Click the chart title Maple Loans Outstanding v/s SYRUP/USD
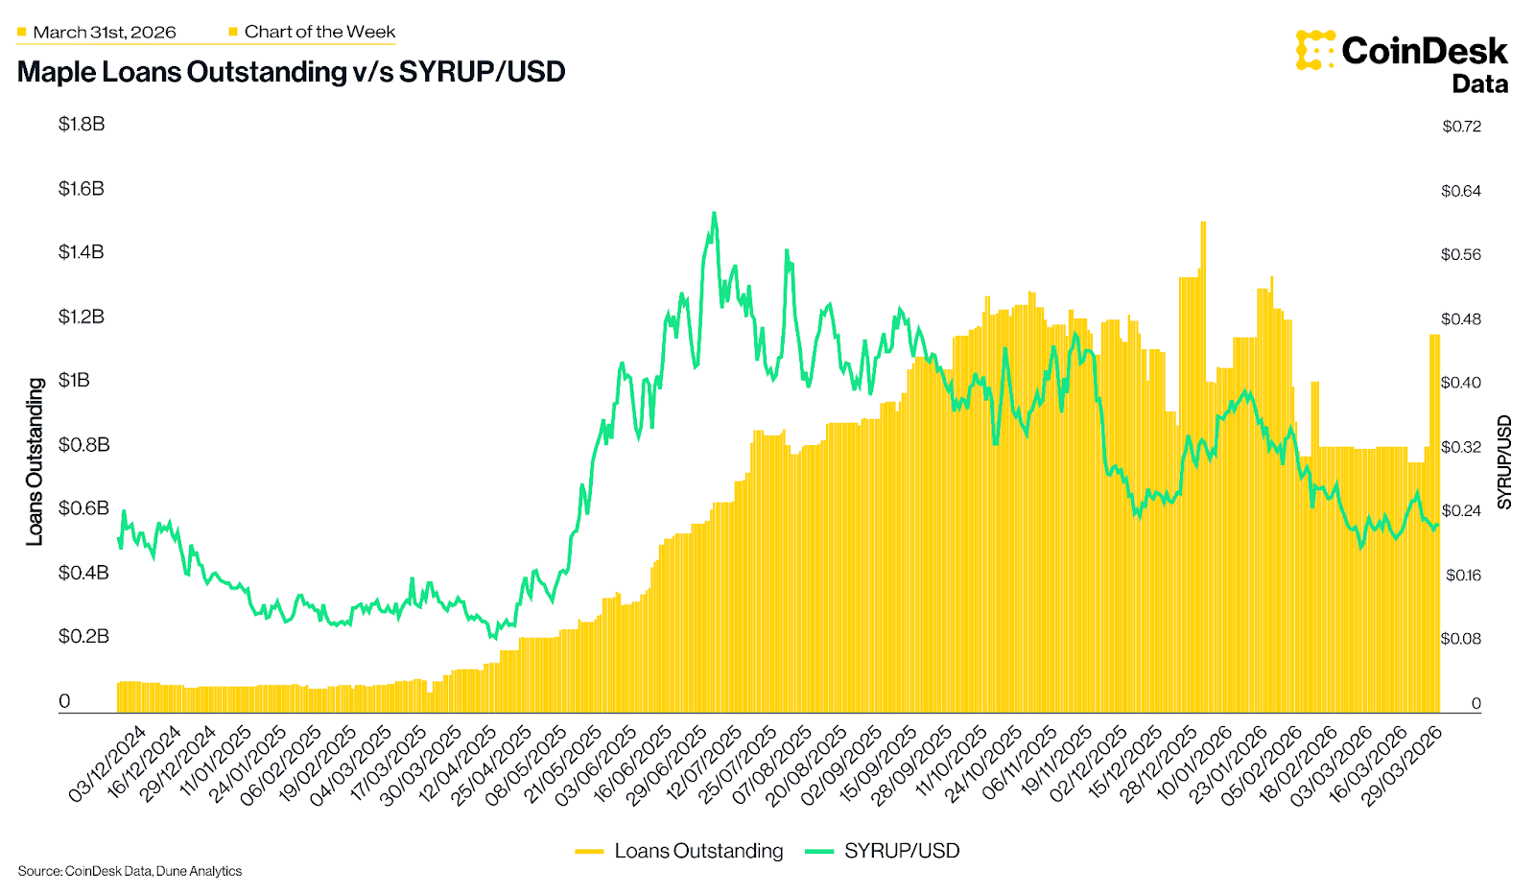[291, 72]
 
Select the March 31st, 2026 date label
[104, 33]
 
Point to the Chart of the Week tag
[319, 32]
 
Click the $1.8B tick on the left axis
[82, 124]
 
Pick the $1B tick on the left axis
[74, 380]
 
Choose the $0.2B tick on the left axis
[83, 636]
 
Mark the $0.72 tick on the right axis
[1461, 127]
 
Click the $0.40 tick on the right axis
[1461, 383]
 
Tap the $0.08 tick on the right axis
[1461, 639]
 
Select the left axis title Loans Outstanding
[35, 461]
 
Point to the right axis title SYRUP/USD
[1504, 461]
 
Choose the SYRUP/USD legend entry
[883, 851]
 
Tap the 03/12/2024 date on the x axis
[107, 764]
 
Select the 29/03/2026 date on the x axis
[1403, 764]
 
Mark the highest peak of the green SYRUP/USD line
[714, 213]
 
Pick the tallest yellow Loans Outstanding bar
[1203, 223]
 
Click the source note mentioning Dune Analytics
[130, 871]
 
